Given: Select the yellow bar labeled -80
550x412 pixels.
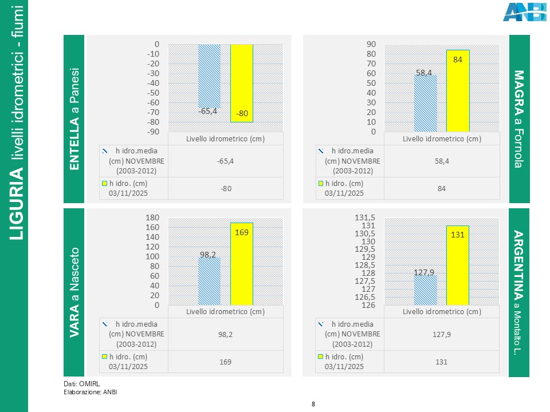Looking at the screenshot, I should [242, 83].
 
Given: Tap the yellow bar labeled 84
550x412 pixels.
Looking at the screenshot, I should [458, 90].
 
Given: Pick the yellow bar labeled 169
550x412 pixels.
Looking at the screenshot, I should [242, 263].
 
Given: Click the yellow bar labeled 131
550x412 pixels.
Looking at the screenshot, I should [458, 265].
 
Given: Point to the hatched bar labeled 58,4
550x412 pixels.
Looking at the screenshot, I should [425, 103].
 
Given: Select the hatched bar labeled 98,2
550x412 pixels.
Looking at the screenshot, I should [209, 281].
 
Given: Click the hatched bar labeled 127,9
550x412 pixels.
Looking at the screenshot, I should [425, 290].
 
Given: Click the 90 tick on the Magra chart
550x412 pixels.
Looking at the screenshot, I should [371, 44].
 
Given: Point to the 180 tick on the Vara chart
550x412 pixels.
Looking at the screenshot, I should [152, 218].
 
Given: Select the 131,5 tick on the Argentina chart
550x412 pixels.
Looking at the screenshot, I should [365, 218].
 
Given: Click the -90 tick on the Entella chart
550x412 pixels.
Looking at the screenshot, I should [152, 132].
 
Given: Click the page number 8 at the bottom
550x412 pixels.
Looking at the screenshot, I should [313, 405].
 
